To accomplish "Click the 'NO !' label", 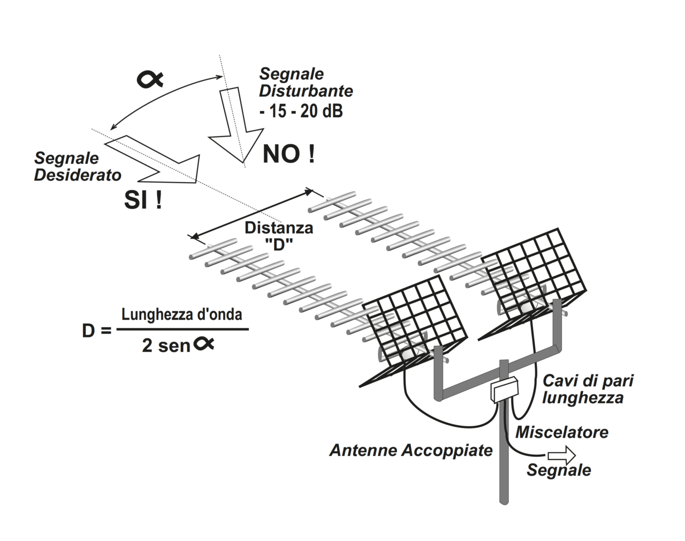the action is click(x=288, y=154).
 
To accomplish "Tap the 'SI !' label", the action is click(x=143, y=200).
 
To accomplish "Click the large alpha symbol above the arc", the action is click(x=150, y=79).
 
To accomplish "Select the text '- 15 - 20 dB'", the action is click(x=301, y=111).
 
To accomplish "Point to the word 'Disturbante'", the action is click(x=306, y=91).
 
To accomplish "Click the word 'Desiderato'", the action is click(x=78, y=175).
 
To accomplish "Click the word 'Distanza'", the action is click(x=279, y=228).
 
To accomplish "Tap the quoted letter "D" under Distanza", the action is click(x=279, y=244).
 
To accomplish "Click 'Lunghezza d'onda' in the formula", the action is click(x=182, y=314).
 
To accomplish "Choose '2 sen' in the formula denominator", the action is click(x=166, y=345).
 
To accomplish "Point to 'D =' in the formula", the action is click(x=97, y=330).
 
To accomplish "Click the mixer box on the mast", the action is click(x=504, y=389).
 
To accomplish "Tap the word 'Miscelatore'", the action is click(x=562, y=432).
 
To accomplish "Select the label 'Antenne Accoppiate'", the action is click(x=411, y=450).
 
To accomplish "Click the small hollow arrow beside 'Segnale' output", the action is click(x=561, y=455).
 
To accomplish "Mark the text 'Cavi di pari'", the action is click(x=588, y=381).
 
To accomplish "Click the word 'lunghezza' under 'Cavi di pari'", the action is click(x=583, y=398).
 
